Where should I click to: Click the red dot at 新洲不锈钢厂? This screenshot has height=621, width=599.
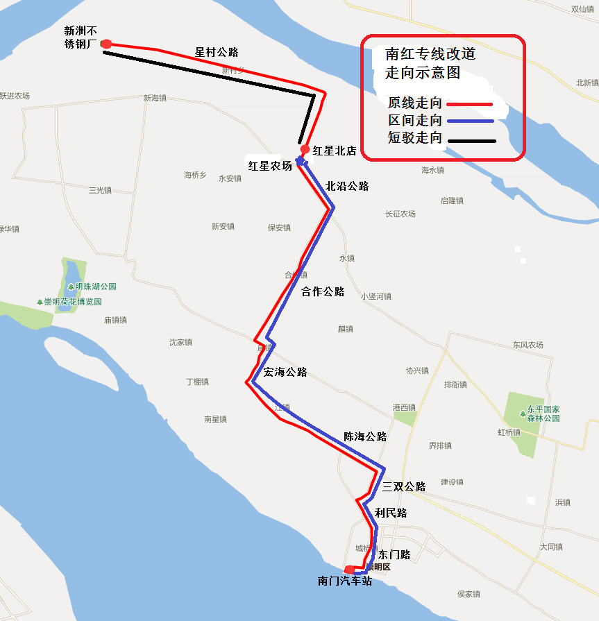[106, 44]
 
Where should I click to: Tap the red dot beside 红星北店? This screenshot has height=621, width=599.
[305, 149]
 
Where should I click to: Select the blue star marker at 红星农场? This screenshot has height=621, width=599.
[300, 162]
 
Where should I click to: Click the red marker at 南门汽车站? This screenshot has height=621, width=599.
[349, 570]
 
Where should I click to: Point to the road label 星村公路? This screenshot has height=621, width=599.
[217, 52]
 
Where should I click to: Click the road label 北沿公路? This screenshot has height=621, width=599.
[347, 186]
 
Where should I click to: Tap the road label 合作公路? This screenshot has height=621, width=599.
[323, 291]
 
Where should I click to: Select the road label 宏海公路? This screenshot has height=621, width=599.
[285, 373]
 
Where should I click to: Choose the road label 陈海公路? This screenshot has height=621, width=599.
[365, 436]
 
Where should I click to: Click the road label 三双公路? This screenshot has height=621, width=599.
[403, 486]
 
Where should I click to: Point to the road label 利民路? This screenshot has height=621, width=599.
[391, 513]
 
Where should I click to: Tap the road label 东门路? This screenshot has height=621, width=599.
[394, 554]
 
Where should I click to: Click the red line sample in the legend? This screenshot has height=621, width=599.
[470, 104]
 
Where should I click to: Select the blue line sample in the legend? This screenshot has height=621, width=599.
[470, 121]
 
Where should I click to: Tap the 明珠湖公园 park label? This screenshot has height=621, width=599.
[96, 287]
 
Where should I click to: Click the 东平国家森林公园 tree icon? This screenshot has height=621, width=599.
[523, 414]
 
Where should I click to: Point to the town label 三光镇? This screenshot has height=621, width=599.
[100, 190]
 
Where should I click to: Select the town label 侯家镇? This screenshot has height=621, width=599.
[469, 594]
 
